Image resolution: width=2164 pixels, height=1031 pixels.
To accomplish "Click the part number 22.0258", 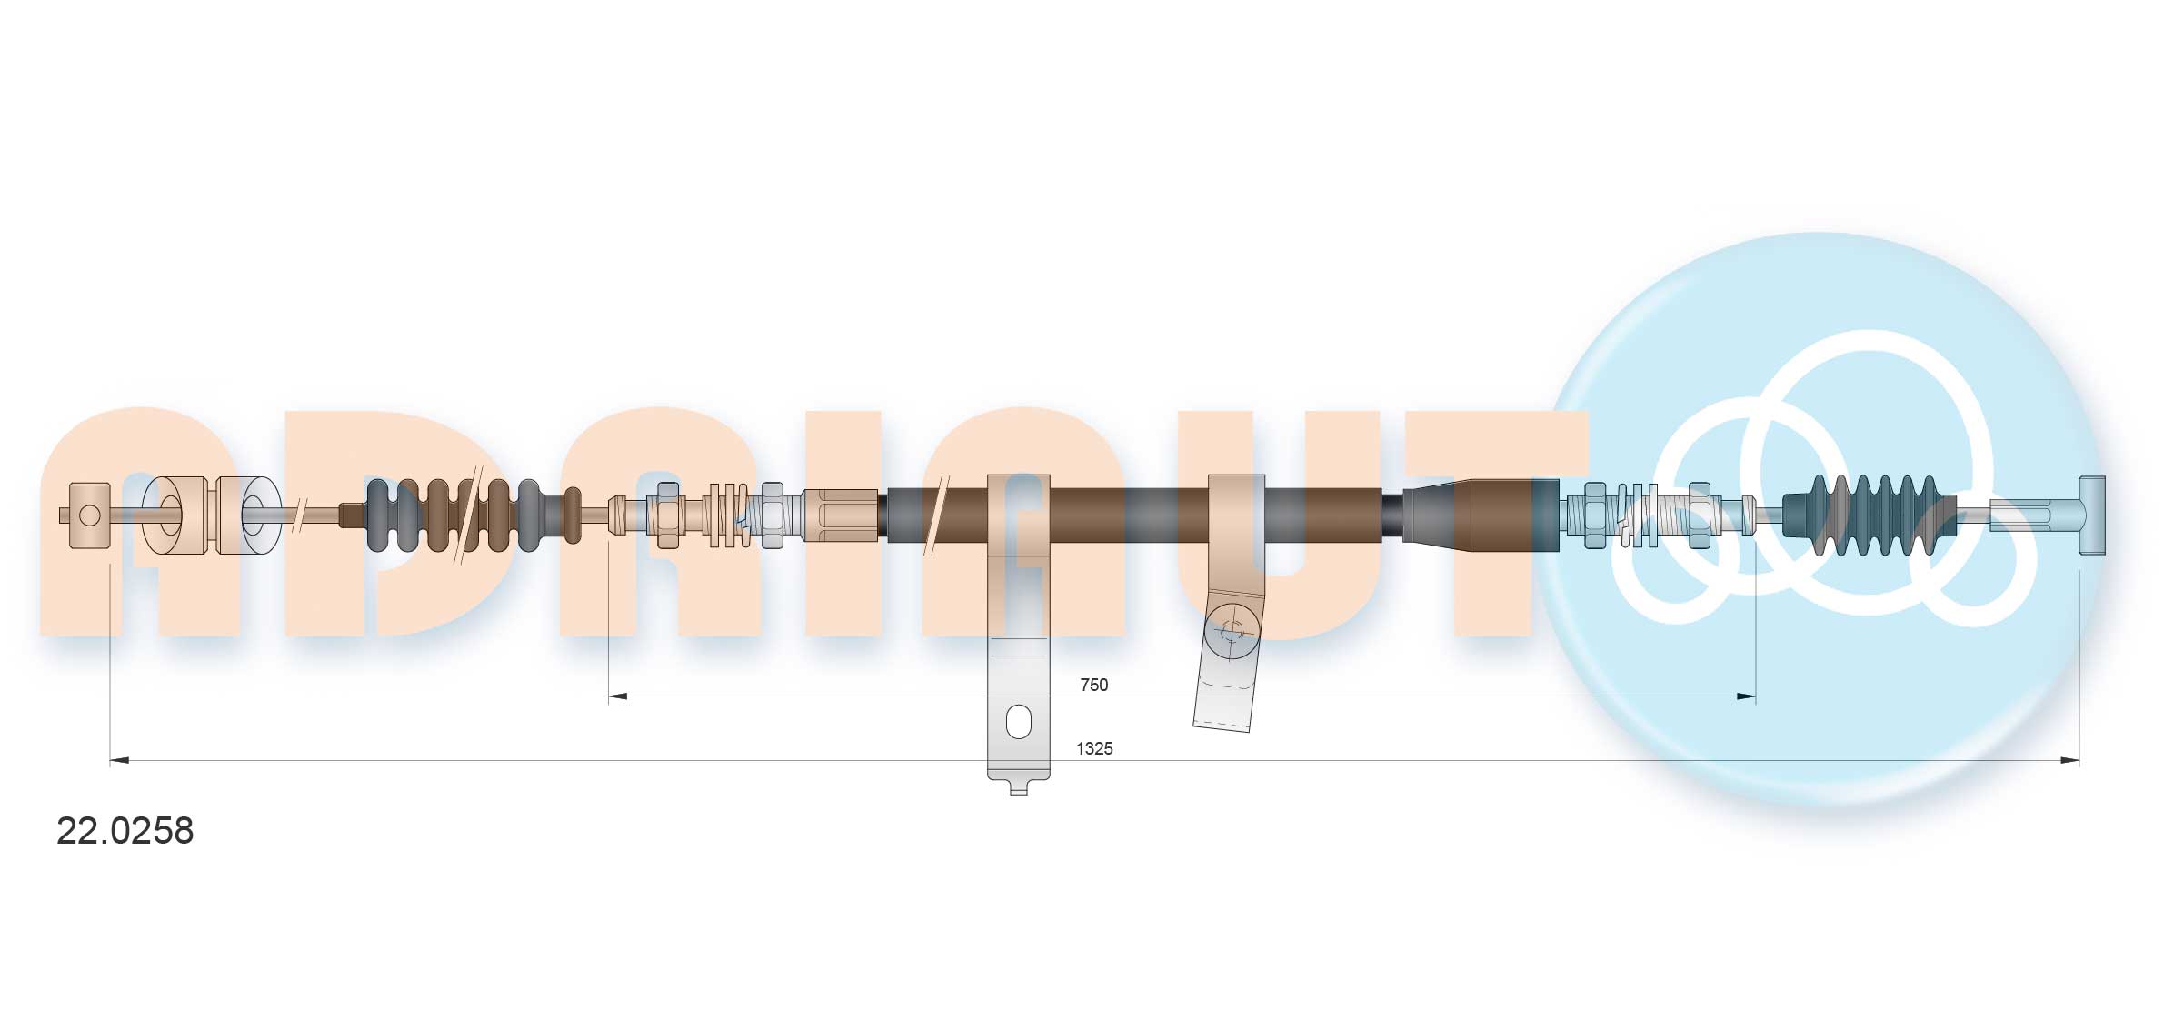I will (x=125, y=831).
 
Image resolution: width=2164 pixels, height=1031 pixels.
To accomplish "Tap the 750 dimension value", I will (x=1093, y=685).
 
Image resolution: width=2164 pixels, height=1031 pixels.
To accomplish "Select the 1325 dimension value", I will (x=1093, y=748).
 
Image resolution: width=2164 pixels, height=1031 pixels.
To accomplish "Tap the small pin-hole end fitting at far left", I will (x=89, y=515).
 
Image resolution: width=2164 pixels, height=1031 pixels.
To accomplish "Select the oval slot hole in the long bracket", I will (x=1019, y=722).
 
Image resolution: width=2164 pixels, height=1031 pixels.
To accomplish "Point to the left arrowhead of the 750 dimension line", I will (x=616, y=696).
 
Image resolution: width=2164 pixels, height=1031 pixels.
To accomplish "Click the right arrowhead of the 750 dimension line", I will (x=1746, y=696).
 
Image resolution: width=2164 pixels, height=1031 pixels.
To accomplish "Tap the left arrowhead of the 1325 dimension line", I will (x=118, y=760).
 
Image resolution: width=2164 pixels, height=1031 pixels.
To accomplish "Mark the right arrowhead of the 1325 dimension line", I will (x=2070, y=760).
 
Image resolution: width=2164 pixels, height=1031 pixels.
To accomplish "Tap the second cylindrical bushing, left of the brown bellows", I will (x=249, y=515).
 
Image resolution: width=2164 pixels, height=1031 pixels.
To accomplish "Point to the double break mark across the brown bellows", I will (x=469, y=515).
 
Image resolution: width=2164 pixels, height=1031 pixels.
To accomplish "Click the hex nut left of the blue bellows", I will (x=1699, y=515).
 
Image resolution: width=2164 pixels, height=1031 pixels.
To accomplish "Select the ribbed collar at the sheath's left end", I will (x=840, y=515).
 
